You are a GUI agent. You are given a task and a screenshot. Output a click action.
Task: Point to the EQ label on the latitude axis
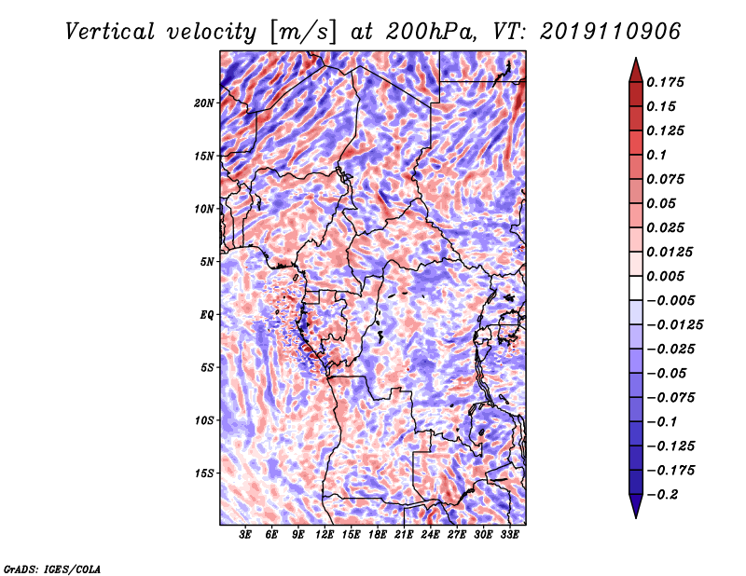pos(207,314)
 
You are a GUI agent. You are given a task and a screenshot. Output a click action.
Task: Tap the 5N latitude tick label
pos(207,261)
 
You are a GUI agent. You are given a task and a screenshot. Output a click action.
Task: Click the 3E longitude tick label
pos(246,535)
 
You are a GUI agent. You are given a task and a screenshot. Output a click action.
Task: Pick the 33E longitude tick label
pos(509,535)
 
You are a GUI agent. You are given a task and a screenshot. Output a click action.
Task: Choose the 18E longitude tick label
pos(378,535)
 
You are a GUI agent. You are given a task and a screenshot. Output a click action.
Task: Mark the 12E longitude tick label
pos(325,535)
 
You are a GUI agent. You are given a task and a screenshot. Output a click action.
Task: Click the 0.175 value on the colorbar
pos(668,82)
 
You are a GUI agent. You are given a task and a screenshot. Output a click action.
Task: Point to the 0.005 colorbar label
pos(668,276)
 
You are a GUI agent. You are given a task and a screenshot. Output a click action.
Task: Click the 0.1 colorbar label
pos(657,155)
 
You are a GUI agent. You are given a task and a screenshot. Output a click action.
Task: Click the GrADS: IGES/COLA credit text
pos(52,569)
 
